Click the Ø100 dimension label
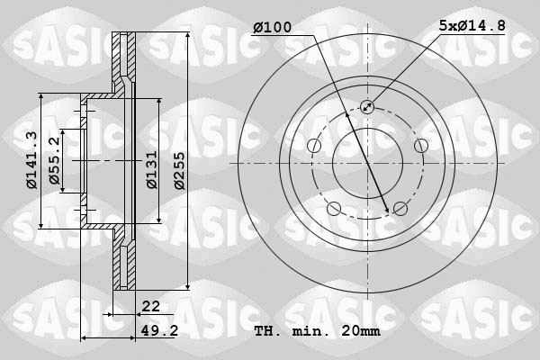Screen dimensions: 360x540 [x=272, y=28]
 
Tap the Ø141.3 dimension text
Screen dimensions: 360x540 [x=31, y=160]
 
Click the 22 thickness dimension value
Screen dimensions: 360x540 [x=149, y=306]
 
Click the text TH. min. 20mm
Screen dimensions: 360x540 [x=317, y=330]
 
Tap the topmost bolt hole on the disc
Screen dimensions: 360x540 [x=367, y=107]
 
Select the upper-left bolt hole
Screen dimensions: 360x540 [x=314, y=146]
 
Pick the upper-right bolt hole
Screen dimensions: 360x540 [x=420, y=146]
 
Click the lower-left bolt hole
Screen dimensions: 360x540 [x=334, y=209]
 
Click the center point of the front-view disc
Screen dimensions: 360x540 [x=367, y=163]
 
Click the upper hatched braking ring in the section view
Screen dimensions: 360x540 [x=120, y=63]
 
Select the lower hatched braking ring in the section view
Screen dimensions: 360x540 [x=120, y=261]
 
